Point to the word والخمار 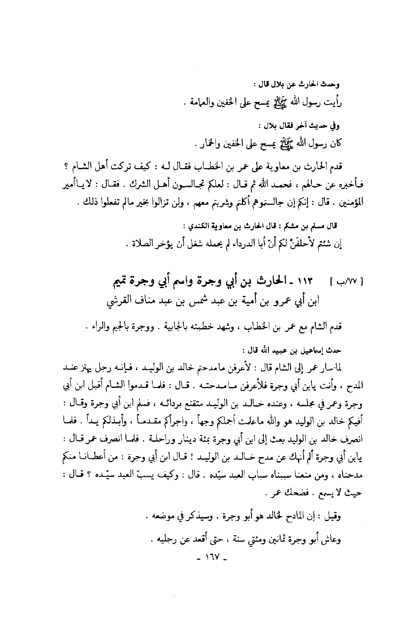tap(205, 143)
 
